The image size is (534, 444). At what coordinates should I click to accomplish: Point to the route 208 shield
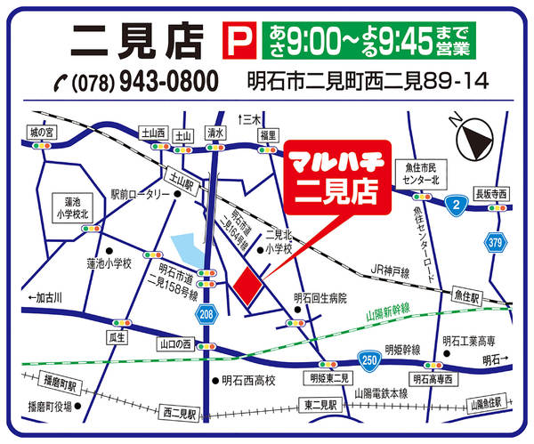click(207, 313)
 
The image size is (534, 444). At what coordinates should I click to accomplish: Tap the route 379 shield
click(497, 241)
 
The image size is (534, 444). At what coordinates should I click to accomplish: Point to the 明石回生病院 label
click(320, 298)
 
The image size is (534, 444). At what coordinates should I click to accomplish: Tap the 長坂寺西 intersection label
click(490, 193)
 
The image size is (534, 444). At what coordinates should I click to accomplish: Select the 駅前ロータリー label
click(140, 194)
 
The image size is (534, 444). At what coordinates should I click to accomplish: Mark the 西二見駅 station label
click(182, 413)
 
